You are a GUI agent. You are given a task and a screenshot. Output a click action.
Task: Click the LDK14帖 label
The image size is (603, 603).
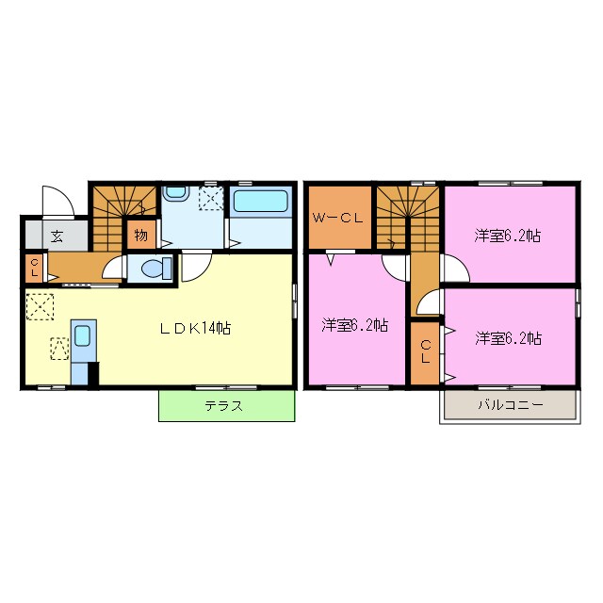195,328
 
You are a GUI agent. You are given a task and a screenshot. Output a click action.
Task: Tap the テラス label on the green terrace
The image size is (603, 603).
225,406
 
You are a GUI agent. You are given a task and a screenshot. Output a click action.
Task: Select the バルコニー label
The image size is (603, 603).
509,406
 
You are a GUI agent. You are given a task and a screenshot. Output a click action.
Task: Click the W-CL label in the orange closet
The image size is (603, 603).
337,219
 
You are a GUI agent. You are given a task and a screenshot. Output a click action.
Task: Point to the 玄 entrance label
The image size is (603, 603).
57,236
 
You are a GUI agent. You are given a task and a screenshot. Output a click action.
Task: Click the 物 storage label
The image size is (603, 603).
140,234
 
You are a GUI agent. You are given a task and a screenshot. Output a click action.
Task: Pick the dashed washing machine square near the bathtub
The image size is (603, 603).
211,199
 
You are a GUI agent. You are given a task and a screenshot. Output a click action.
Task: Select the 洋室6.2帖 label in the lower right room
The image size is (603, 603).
508,336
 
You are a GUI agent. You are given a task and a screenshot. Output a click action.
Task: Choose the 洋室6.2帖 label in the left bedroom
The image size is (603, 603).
354,326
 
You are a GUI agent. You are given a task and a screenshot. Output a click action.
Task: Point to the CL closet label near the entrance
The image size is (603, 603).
34,267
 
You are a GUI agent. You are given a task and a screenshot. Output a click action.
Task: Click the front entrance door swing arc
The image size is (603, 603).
58,200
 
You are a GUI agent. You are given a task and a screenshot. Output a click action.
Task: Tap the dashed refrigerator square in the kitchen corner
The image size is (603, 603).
41,307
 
